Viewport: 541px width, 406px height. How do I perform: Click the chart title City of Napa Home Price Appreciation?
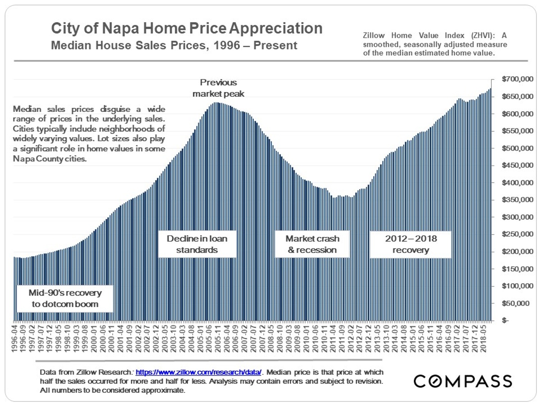(x=186, y=28)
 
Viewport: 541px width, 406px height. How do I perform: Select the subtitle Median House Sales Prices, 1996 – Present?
(x=174, y=46)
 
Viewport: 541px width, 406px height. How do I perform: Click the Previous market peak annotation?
(x=218, y=88)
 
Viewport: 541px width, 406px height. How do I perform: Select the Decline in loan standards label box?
(x=197, y=244)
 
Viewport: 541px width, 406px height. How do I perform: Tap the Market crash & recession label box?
(x=312, y=244)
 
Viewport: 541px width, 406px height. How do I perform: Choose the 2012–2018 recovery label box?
(x=410, y=244)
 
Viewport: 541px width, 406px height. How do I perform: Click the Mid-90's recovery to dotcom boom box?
(x=65, y=298)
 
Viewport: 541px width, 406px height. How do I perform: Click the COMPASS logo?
(x=463, y=381)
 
